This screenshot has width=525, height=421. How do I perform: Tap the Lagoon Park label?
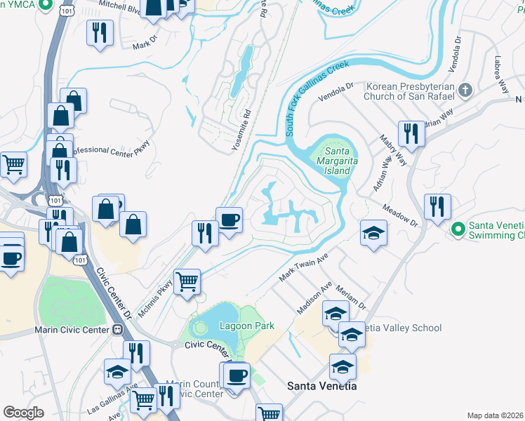[x=246, y=326]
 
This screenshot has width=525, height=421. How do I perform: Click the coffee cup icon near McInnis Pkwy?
[x=229, y=220]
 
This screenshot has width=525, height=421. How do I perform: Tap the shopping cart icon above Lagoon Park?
[x=187, y=282]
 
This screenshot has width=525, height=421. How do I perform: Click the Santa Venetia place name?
[x=322, y=386]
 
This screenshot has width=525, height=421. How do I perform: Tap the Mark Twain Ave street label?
[x=304, y=268]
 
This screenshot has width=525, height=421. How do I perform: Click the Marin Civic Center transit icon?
[x=118, y=330]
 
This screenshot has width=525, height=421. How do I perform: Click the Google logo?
[x=23, y=412]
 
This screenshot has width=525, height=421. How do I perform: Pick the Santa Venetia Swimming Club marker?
[x=458, y=229]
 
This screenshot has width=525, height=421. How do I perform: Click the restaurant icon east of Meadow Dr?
[x=437, y=206]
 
